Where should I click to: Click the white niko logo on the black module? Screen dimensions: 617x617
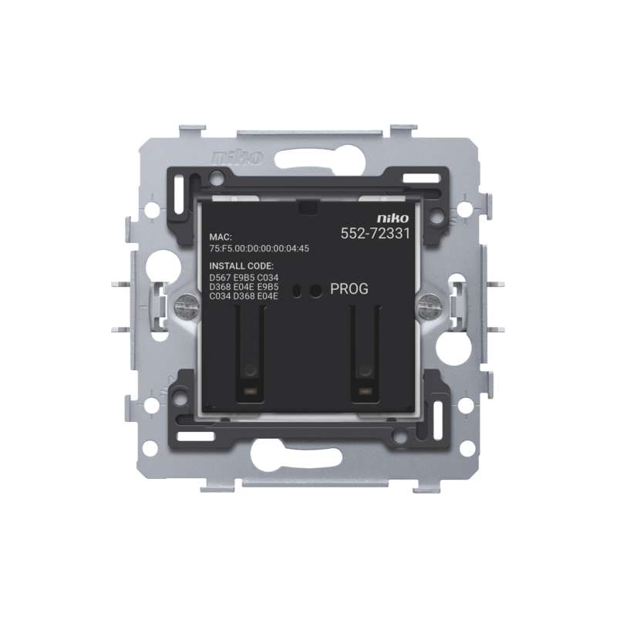tap(393, 218)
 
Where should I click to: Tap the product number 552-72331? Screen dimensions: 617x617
tap(375, 234)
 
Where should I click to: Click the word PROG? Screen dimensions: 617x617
tap(349, 288)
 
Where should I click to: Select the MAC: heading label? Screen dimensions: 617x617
tap(221, 238)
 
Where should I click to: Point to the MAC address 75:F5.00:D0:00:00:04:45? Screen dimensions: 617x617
tap(259, 248)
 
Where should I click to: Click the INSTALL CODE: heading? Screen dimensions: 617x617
tap(241, 266)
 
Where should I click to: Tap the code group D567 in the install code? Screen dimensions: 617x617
tap(220, 278)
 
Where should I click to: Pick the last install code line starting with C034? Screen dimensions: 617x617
tap(244, 296)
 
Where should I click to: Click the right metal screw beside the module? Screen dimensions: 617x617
tap(430, 303)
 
